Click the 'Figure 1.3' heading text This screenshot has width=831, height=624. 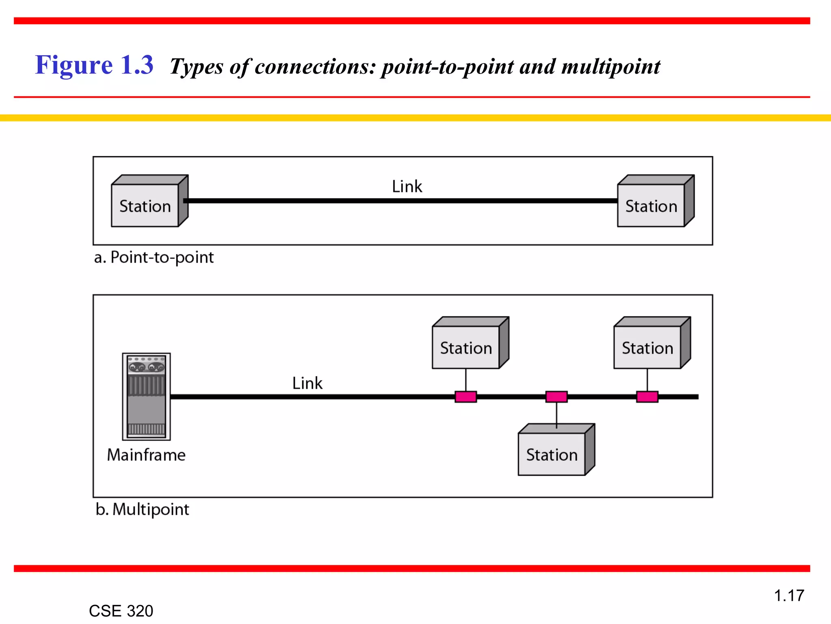[x=94, y=65]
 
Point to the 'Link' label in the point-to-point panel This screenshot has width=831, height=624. [x=407, y=186]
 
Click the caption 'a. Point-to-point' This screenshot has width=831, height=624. [x=154, y=258]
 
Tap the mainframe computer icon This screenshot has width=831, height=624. [x=146, y=396]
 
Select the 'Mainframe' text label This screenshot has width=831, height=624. [x=146, y=455]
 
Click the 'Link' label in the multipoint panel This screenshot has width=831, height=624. [x=307, y=383]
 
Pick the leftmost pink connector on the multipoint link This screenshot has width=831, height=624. [x=465, y=396]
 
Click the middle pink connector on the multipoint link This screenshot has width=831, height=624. [x=556, y=396]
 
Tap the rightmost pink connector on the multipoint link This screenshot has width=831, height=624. [x=647, y=396]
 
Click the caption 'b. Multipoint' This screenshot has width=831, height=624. [x=142, y=509]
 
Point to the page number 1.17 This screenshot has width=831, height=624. [x=789, y=596]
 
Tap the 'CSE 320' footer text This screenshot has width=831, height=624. [x=121, y=611]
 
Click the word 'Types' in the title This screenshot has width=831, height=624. [x=196, y=67]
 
